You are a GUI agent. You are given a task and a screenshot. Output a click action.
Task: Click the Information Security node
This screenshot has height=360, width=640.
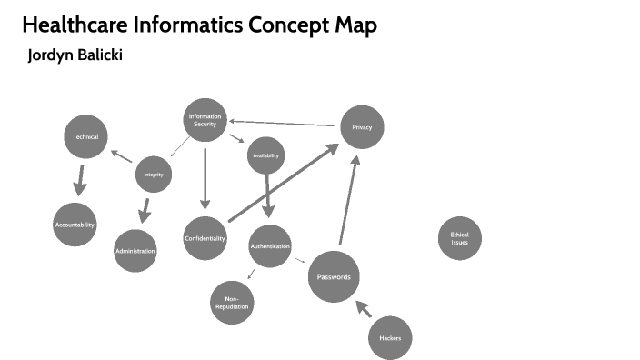(205, 120)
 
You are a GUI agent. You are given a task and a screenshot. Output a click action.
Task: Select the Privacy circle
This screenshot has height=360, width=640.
(362, 127)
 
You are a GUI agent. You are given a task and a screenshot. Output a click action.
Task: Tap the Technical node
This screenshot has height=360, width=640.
(85, 136)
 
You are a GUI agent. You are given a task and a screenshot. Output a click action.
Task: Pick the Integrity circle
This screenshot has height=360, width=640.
(154, 174)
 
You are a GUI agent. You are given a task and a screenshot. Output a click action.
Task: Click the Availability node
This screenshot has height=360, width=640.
(266, 156)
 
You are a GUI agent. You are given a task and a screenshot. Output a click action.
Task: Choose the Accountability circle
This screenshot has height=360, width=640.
(75, 225)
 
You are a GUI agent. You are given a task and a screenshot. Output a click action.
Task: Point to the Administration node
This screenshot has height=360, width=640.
(135, 250)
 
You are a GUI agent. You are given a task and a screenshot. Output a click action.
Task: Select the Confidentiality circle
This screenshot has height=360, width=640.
(205, 238)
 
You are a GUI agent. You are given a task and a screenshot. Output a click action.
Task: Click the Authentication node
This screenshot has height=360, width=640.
(270, 246)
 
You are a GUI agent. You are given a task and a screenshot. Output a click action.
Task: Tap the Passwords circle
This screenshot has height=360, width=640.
(334, 276)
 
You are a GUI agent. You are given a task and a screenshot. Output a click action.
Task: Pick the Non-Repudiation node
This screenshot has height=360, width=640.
(232, 303)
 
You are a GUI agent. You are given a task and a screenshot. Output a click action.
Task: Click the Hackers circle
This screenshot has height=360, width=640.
(390, 338)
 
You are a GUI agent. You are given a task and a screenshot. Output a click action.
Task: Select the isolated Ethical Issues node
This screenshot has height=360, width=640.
(459, 238)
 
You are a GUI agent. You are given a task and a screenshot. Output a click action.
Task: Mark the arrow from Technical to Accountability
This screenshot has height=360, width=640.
(81, 179)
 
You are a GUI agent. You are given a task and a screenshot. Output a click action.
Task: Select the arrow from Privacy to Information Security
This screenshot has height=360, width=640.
(282, 122)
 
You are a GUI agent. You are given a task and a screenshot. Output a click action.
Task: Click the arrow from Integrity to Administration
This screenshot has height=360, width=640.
(144, 210)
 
